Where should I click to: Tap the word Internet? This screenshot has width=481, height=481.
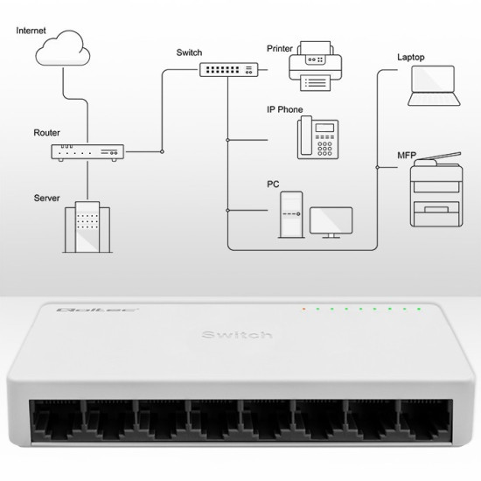pyautogui.click(x=32, y=31)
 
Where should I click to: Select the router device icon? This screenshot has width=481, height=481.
pyautogui.click(x=87, y=152)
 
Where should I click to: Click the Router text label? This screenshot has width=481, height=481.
pyautogui.click(x=46, y=133)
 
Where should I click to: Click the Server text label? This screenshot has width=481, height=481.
pyautogui.click(x=46, y=199)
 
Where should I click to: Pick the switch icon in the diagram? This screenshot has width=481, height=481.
pyautogui.click(x=227, y=69)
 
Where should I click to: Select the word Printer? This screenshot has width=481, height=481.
pyautogui.click(x=280, y=48)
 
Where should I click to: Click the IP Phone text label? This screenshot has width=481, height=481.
pyautogui.click(x=285, y=110)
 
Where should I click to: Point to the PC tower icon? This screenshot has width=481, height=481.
pyautogui.click(x=290, y=215)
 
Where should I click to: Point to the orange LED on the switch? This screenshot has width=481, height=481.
pyautogui.click(x=303, y=309)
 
